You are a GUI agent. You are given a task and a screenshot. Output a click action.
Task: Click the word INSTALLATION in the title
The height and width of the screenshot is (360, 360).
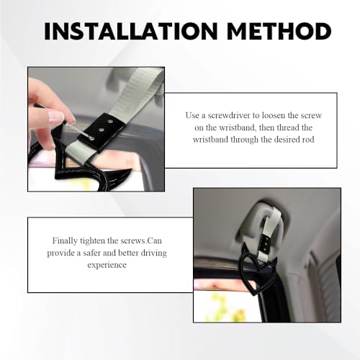[131, 31]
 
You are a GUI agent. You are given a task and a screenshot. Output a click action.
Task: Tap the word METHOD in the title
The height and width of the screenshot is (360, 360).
[279, 31]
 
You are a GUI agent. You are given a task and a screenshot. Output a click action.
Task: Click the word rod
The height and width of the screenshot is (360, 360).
[308, 140]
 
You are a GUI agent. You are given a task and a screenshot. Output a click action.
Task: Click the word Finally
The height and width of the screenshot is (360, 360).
[65, 240]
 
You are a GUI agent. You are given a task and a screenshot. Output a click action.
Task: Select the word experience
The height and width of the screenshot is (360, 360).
[107, 265]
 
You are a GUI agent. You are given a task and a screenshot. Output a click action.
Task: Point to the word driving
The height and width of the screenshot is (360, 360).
[153, 253]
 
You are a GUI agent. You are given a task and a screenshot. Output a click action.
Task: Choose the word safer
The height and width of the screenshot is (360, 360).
[92, 253]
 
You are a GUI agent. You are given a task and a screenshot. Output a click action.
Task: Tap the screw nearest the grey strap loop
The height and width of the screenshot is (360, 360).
[111, 122]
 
